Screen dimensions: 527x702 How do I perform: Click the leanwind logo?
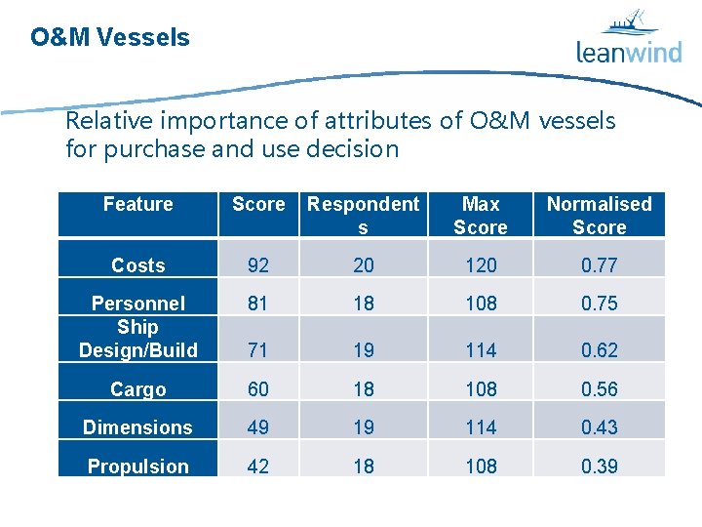629,39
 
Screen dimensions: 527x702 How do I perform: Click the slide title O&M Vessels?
110,38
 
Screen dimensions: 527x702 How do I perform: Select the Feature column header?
137,204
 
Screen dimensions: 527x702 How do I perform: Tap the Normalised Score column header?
599,215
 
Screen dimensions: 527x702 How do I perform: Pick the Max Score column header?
481,215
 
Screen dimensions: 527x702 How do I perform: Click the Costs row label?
137,265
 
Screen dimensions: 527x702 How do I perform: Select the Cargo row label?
137,389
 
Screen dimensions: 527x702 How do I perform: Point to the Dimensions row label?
137,427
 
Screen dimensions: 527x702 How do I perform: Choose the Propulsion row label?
137,466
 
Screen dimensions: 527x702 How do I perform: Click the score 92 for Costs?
257,265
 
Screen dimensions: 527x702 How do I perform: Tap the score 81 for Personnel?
257,304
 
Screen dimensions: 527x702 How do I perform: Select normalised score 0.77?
599,265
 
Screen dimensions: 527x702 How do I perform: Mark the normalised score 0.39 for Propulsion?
599,466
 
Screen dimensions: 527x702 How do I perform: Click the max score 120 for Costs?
481,265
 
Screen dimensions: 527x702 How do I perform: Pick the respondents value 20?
363,265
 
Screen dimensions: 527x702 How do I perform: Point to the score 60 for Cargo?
257,389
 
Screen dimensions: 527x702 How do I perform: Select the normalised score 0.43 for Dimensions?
599,427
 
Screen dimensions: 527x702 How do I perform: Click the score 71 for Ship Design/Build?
257,350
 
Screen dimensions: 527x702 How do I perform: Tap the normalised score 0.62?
599,350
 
